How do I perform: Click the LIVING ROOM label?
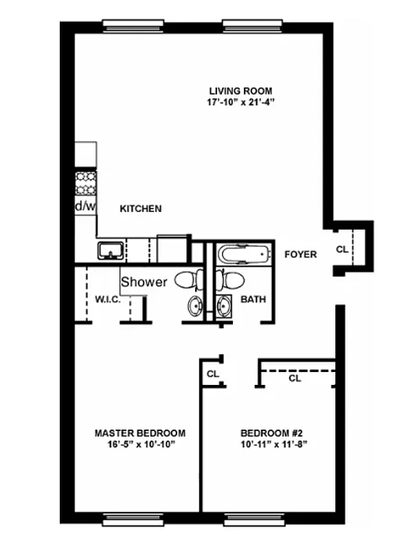tap(240, 91)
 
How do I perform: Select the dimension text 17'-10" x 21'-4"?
tap(240, 102)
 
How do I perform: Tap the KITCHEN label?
tap(141, 209)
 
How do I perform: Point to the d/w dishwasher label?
tap(85, 206)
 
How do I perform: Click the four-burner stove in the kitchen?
tap(85, 182)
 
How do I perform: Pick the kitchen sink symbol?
tap(111, 250)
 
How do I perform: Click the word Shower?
tap(144, 281)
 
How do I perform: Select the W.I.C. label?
tap(108, 299)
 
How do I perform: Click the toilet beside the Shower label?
tap(188, 280)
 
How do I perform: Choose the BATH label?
tap(253, 299)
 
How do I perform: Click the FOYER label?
tap(301, 255)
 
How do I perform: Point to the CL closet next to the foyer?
tap(341, 249)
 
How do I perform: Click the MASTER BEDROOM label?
tap(139, 433)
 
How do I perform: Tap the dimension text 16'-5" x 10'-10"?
tap(139, 444)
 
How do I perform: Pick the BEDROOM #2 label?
tap(271, 433)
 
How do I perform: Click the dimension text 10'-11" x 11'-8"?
tap(271, 444)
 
